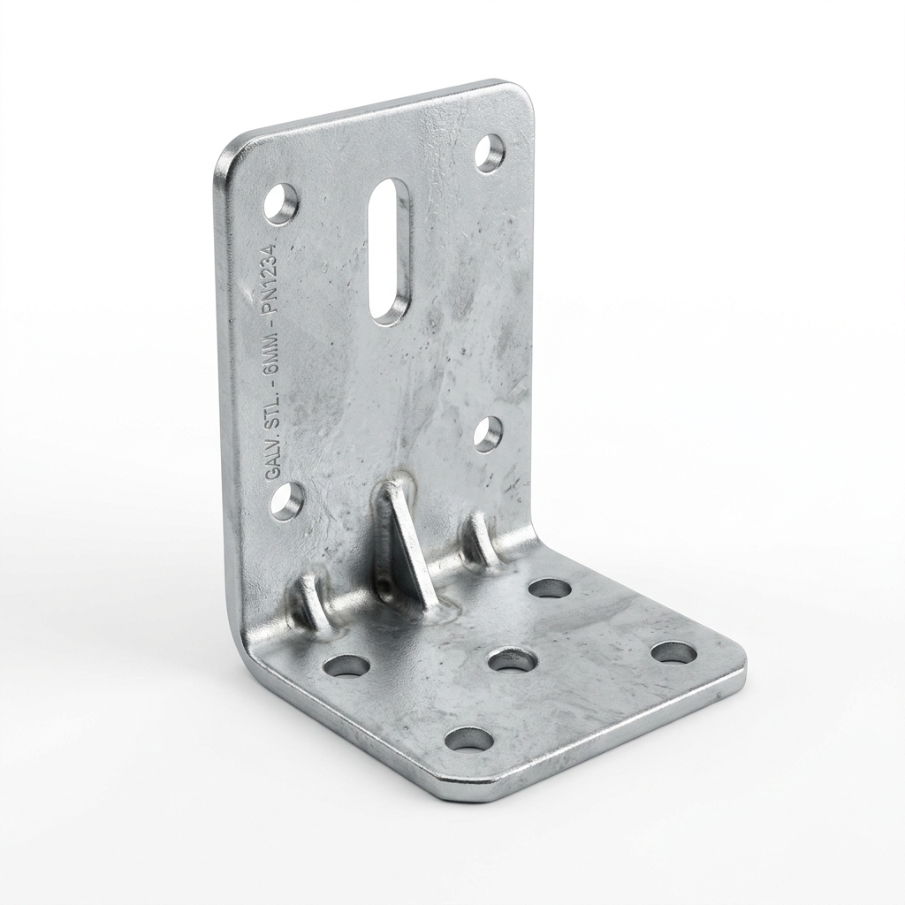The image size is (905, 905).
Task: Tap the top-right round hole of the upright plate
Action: point(490,152)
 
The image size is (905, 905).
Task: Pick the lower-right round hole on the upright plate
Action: point(488,433)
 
